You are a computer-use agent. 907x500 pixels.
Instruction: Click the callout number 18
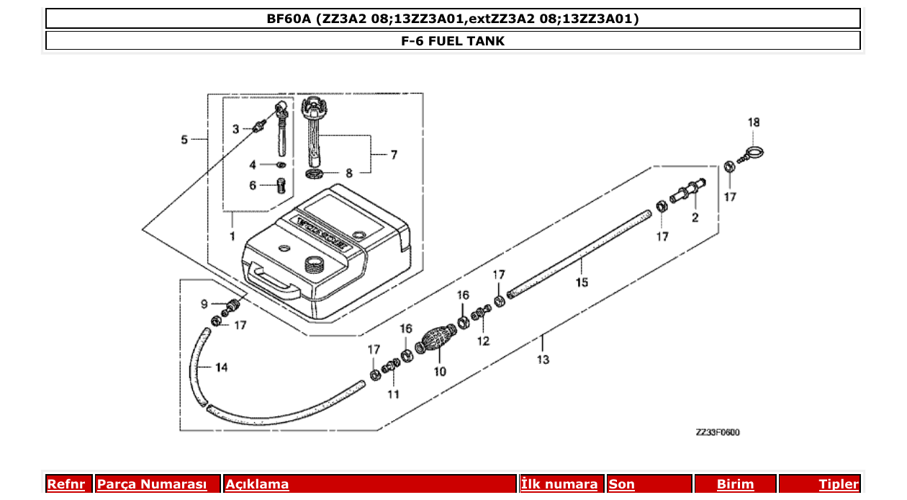(753, 122)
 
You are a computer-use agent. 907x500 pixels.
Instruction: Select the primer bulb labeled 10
(438, 339)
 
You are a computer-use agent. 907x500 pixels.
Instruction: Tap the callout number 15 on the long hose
(582, 282)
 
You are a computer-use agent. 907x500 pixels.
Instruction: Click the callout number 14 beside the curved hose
(221, 367)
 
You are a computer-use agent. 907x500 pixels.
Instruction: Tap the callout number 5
(185, 139)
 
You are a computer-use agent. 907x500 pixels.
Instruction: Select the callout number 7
(394, 154)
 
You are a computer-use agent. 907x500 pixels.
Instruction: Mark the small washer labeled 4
(281, 166)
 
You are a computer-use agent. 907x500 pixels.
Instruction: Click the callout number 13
(542, 360)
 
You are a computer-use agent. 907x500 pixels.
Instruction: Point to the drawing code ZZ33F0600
(717, 432)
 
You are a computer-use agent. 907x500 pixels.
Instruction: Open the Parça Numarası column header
(152, 484)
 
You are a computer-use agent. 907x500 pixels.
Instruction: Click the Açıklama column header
(257, 484)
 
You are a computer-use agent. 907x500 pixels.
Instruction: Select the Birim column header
(735, 484)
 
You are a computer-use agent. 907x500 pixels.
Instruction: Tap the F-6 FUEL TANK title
(453, 41)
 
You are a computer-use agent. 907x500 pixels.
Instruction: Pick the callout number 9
(204, 304)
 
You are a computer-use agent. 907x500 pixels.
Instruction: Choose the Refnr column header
(66, 484)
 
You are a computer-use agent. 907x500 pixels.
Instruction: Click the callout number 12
(483, 341)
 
